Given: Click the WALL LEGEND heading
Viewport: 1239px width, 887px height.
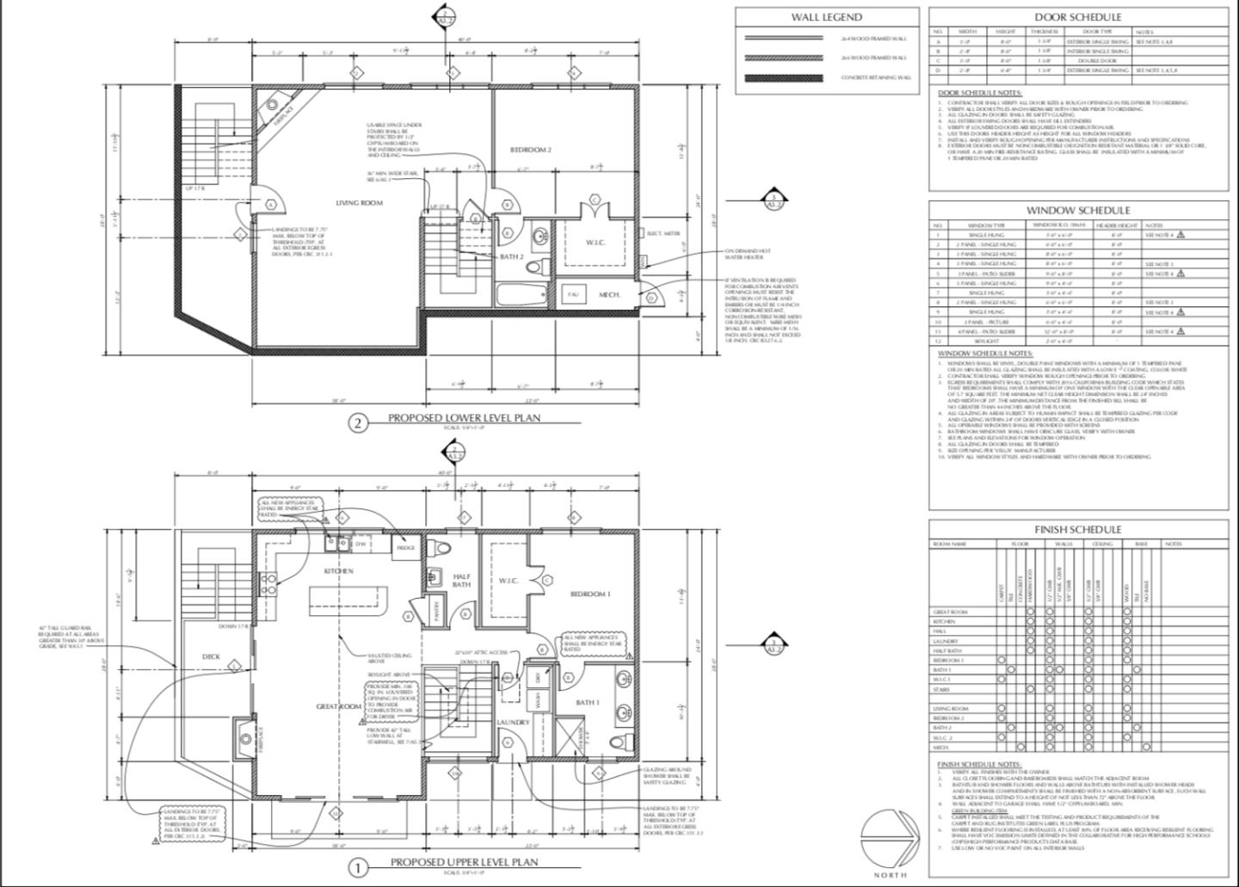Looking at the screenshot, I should tap(826, 17).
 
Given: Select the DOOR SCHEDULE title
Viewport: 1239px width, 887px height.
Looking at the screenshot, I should tap(1077, 17).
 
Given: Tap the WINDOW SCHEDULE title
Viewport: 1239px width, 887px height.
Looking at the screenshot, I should tap(1078, 211).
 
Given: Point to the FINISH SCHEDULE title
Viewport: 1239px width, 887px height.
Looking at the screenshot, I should tap(1077, 530).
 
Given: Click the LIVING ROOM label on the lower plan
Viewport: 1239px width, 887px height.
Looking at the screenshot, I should tap(359, 203).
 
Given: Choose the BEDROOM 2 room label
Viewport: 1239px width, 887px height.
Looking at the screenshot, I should tap(530, 150).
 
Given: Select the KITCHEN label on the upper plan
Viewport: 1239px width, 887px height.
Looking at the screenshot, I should tap(338, 571).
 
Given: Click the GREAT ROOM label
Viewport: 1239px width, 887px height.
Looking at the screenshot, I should tap(338, 706).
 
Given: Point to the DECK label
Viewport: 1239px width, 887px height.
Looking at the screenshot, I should tap(211, 656).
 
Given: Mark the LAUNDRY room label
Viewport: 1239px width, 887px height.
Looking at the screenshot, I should tap(513, 723).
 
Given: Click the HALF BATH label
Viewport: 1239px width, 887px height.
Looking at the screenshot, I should tap(461, 581).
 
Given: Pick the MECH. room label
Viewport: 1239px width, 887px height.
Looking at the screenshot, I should tap(610, 295).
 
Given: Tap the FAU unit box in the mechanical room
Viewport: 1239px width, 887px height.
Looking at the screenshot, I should tap(572, 294).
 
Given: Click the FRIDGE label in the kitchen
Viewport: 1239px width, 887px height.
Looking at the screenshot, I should tap(404, 547).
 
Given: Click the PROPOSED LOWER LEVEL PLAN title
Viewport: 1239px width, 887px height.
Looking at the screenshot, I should tap(463, 418).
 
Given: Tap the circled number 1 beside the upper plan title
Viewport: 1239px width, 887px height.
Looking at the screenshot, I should tap(358, 867).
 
